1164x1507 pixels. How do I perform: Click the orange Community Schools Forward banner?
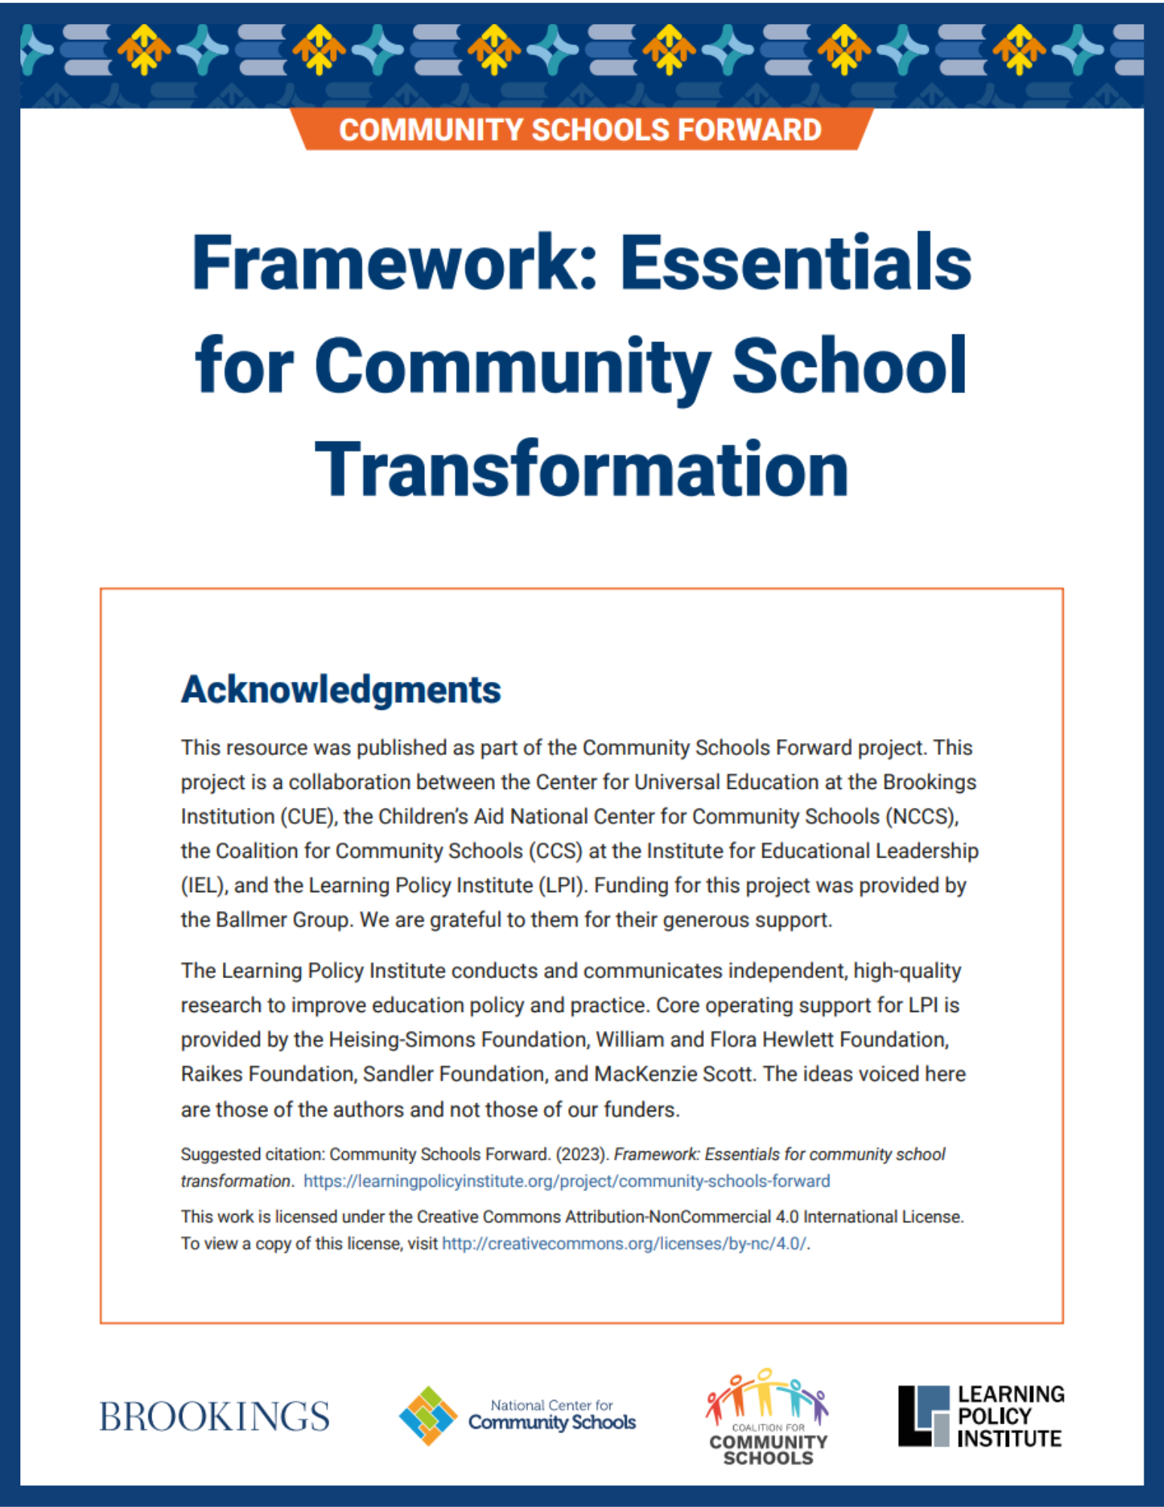click(580, 130)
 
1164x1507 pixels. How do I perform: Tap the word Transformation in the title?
click(581, 469)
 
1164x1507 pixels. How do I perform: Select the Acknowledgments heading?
click(341, 689)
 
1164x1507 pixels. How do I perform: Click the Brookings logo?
click(215, 1417)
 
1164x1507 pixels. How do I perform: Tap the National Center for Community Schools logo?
click(518, 1416)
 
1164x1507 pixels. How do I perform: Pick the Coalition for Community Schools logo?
click(767, 1417)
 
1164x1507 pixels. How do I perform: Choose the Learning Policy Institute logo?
click(980, 1416)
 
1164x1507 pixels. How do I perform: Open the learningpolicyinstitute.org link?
click(567, 1181)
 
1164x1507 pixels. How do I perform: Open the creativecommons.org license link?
click(624, 1243)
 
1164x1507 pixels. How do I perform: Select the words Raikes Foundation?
click(267, 1074)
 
